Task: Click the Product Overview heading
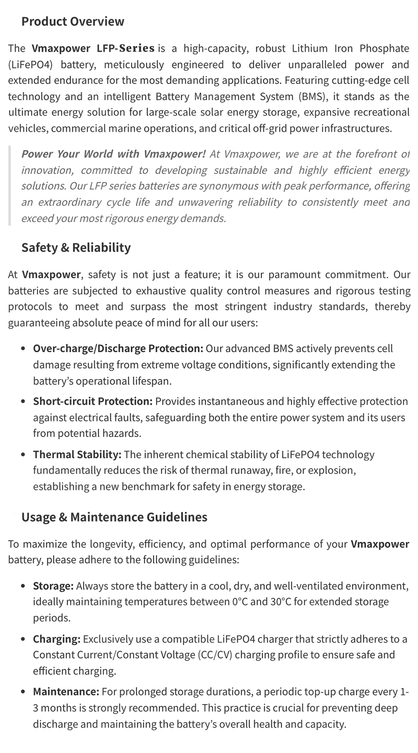click(x=73, y=21)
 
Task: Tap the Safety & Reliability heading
click(x=76, y=248)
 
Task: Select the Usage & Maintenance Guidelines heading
click(x=114, y=517)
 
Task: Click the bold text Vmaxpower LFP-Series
click(x=93, y=49)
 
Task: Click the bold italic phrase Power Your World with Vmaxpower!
click(x=113, y=154)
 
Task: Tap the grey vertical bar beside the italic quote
click(x=10, y=186)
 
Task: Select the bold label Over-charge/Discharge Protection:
click(x=118, y=348)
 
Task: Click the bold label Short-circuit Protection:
click(x=93, y=401)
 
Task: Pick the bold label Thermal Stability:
click(x=77, y=454)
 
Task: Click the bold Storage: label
click(x=54, y=586)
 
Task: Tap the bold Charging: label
click(x=56, y=639)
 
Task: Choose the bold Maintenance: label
click(x=66, y=692)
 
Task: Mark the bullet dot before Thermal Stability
click(x=23, y=455)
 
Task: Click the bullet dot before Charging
click(x=23, y=639)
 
